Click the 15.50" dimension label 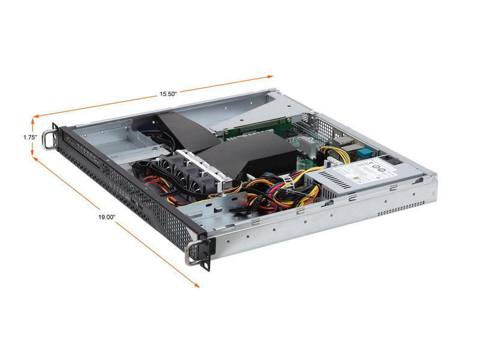(x=168, y=94)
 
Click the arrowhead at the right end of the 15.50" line (x=271, y=76)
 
